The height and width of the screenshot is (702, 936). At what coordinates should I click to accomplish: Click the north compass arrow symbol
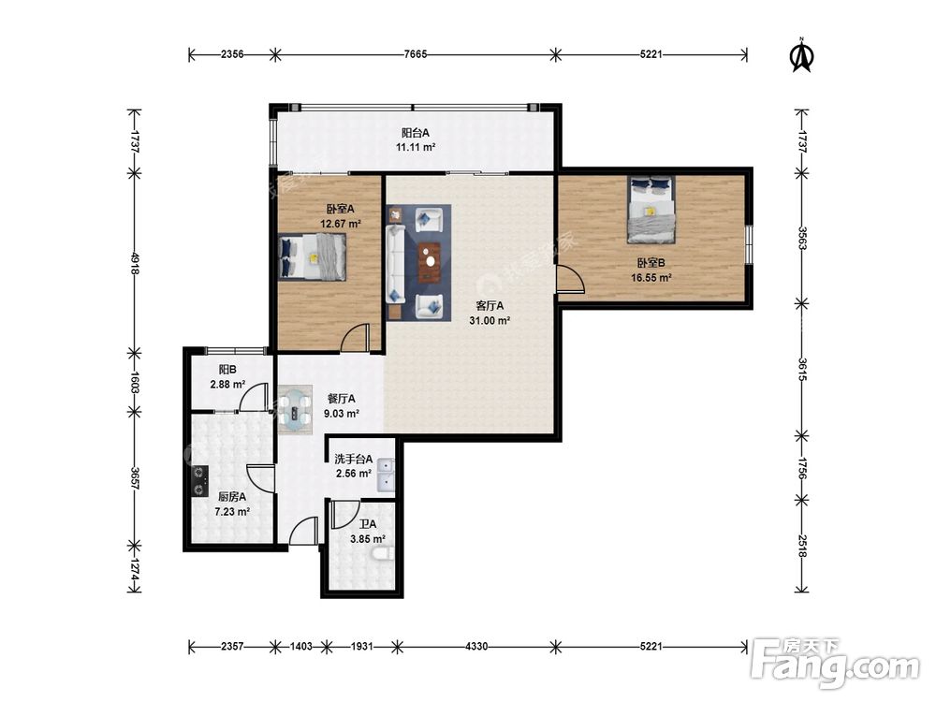pyautogui.click(x=802, y=55)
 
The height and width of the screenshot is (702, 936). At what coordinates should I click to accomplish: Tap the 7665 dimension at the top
pyautogui.click(x=416, y=54)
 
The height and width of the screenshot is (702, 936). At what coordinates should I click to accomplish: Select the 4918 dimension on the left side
pyautogui.click(x=136, y=263)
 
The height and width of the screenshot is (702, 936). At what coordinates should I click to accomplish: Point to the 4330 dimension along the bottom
pyautogui.click(x=476, y=646)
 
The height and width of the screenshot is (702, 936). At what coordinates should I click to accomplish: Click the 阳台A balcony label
pyautogui.click(x=415, y=133)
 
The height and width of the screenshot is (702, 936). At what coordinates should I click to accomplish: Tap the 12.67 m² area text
pyautogui.click(x=341, y=225)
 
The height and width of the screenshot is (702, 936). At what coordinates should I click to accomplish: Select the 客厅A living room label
pyautogui.click(x=490, y=306)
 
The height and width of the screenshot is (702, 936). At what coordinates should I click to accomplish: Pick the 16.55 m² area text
pyautogui.click(x=651, y=278)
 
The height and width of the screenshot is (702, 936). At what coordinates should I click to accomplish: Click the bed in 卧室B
pyautogui.click(x=651, y=210)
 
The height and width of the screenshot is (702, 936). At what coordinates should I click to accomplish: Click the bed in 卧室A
pyautogui.click(x=313, y=256)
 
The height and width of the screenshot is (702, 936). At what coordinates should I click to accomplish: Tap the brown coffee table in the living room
pyautogui.click(x=430, y=261)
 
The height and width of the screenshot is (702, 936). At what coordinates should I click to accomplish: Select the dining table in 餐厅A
pyautogui.click(x=296, y=408)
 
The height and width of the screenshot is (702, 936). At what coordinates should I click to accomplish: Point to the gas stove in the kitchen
pyautogui.click(x=199, y=482)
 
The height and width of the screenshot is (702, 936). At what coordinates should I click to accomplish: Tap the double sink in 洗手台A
pyautogui.click(x=386, y=475)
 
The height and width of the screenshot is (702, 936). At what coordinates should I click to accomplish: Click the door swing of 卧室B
pyautogui.click(x=570, y=279)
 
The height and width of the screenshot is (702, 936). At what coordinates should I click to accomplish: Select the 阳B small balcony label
pyautogui.click(x=227, y=370)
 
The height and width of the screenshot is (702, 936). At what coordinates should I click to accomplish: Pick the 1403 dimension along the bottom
pyautogui.click(x=300, y=646)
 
